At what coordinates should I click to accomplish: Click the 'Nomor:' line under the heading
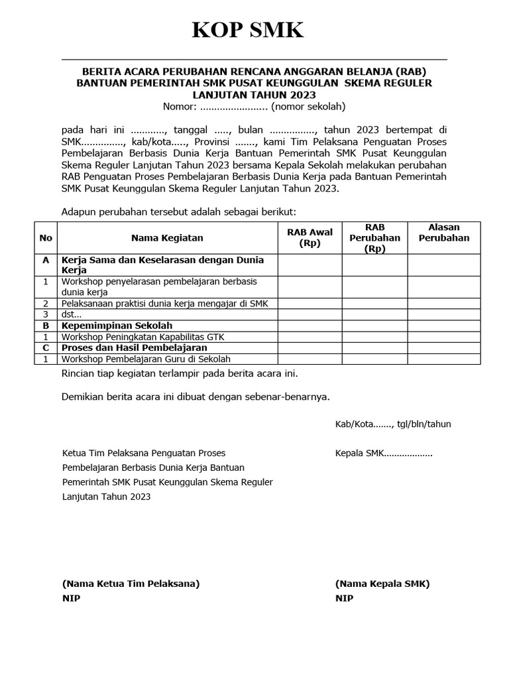coord(254,107)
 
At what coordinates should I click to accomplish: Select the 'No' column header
coord(46,238)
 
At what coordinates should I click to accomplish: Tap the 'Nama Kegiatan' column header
coord(167,238)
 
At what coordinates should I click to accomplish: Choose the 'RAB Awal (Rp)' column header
coord(310,238)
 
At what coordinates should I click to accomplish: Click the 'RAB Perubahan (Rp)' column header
coord(374,238)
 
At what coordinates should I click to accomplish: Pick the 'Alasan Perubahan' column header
coord(443,233)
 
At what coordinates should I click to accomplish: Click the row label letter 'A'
coord(46,261)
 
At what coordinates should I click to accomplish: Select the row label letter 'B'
coord(46,326)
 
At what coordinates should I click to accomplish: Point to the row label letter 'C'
coord(46,347)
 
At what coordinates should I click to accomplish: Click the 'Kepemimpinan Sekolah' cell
coord(117,326)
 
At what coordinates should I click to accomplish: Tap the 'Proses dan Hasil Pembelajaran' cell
coord(134,347)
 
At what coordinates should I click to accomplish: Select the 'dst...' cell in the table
coord(72,314)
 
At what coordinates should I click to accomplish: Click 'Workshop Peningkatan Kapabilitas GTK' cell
coord(142,337)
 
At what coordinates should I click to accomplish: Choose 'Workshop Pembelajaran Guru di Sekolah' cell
coord(146,359)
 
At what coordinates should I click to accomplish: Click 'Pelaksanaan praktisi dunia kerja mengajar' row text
coord(166,303)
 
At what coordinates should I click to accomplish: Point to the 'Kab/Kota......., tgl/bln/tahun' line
coord(393,424)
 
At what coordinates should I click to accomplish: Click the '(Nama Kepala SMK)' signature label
coord(382,584)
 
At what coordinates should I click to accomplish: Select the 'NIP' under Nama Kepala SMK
coord(344,598)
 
